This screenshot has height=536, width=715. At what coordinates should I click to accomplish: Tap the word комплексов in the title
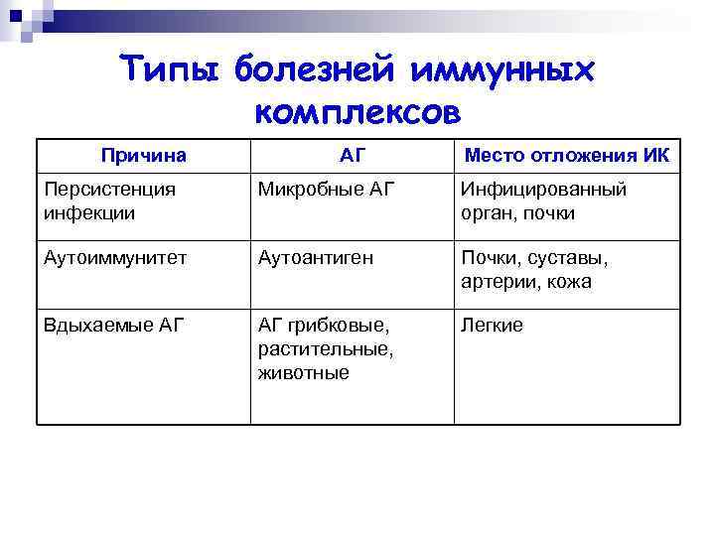point(357,111)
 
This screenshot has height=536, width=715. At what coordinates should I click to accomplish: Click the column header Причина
point(144,155)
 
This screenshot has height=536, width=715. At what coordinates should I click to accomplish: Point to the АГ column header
point(352,155)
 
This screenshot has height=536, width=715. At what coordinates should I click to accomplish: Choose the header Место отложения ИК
point(567,155)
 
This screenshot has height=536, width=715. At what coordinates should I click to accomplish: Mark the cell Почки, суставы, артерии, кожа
point(534,269)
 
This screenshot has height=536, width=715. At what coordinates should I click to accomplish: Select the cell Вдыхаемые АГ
point(114,325)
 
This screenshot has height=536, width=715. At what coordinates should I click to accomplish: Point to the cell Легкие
point(492,326)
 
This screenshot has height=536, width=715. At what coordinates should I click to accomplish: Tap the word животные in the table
point(303,372)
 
